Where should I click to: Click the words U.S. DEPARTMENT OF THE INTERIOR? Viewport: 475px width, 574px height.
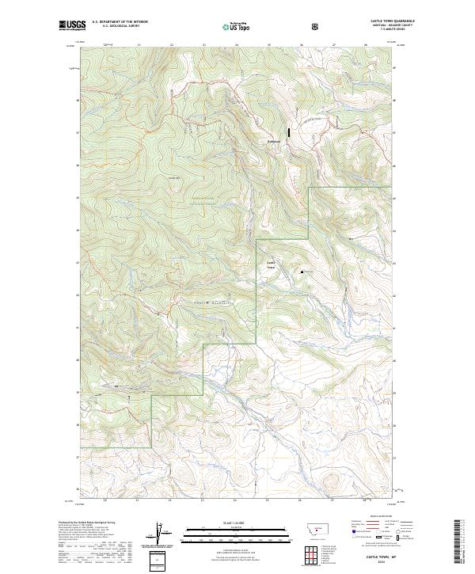119,22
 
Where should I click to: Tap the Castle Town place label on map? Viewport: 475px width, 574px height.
270,264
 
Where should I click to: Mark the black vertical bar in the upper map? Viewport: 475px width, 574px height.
289,133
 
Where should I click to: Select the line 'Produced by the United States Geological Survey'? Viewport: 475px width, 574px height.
82,523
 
